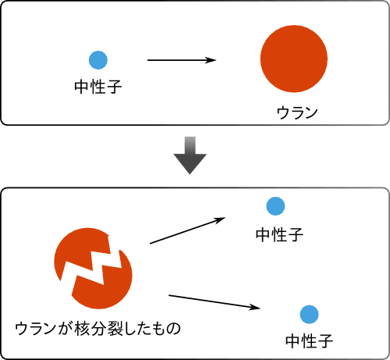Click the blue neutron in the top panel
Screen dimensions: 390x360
click(x=98, y=60)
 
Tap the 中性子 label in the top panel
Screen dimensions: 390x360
click(x=98, y=87)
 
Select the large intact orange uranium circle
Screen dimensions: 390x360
click(x=294, y=59)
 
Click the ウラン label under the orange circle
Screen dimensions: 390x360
click(x=297, y=113)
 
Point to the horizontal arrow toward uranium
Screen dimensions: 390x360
click(x=182, y=60)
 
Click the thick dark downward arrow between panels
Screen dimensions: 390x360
click(x=190, y=155)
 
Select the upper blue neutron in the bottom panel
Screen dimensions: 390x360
click(x=275, y=206)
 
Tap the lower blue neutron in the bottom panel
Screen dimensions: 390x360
click(x=309, y=315)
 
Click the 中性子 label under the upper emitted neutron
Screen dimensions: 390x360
click(x=279, y=234)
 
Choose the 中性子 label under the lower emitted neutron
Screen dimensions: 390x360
click(x=309, y=341)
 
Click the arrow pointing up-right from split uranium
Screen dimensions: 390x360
click(x=187, y=230)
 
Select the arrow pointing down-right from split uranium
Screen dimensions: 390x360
click(x=214, y=302)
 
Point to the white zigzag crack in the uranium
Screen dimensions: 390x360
click(x=91, y=266)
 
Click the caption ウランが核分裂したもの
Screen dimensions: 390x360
click(x=97, y=329)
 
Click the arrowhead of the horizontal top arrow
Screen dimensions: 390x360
click(x=210, y=60)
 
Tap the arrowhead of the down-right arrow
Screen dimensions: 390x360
click(x=253, y=308)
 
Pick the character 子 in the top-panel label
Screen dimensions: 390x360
click(x=114, y=87)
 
